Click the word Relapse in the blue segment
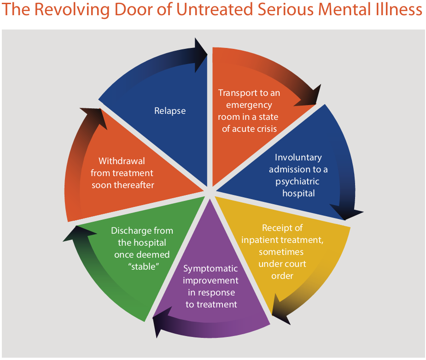[170, 111]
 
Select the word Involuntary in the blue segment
[298, 158]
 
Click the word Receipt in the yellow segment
[276, 228]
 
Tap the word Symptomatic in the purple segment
[210, 268]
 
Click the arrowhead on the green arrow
[73, 233]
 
